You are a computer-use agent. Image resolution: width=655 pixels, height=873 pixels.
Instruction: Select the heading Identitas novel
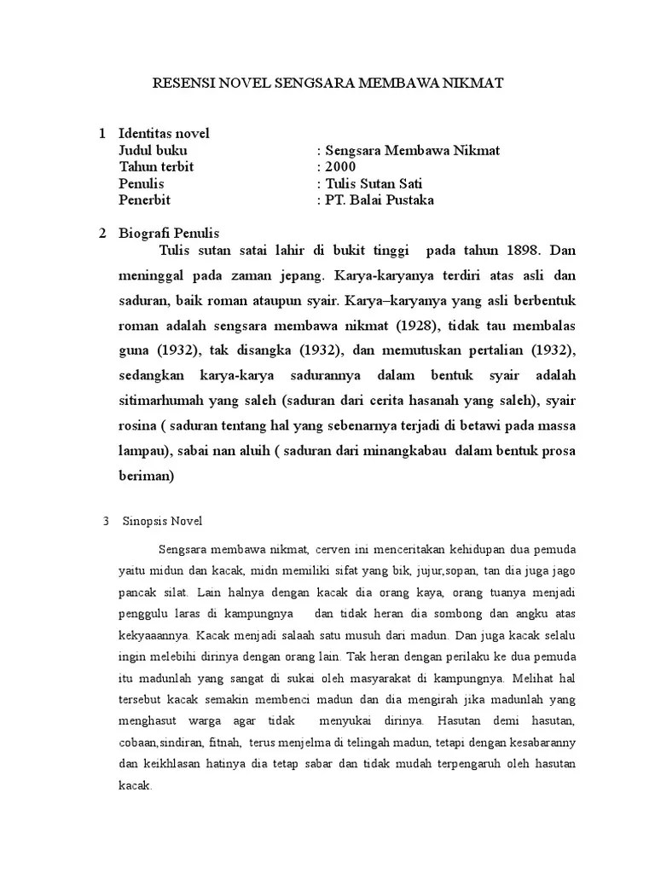pyautogui.click(x=164, y=134)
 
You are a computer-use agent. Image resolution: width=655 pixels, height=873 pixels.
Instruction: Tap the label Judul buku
pyautogui.click(x=153, y=151)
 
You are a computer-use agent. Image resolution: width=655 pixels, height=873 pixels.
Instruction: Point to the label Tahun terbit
pyautogui.click(x=156, y=167)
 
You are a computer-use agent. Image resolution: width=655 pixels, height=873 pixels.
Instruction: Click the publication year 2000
pyautogui.click(x=339, y=167)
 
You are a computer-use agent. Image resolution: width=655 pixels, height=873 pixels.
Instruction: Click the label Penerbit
pyautogui.click(x=145, y=200)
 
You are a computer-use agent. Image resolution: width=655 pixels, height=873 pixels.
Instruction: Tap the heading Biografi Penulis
pyautogui.click(x=170, y=234)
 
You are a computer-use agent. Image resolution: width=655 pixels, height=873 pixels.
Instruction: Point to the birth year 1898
pyautogui.click(x=521, y=251)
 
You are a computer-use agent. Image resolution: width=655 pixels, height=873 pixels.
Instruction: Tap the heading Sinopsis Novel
pyautogui.click(x=164, y=521)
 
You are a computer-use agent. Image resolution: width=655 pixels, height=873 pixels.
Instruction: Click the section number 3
pyautogui.click(x=105, y=521)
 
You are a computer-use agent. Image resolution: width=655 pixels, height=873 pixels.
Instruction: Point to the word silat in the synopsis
pyautogui.click(x=180, y=592)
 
